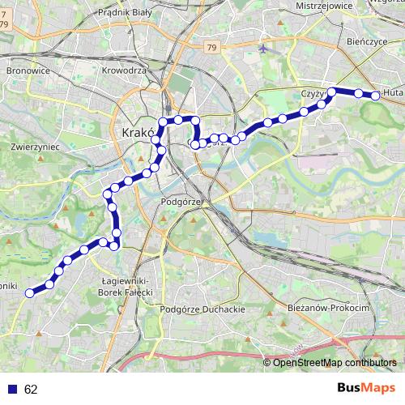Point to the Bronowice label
(28, 70)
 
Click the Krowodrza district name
(124, 70)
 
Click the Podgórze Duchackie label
(202, 309)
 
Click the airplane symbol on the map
(264, 48)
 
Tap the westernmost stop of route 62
(30, 293)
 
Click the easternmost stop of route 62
(376, 96)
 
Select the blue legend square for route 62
(12, 389)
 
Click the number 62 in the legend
(31, 389)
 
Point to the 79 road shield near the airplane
(212, 49)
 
